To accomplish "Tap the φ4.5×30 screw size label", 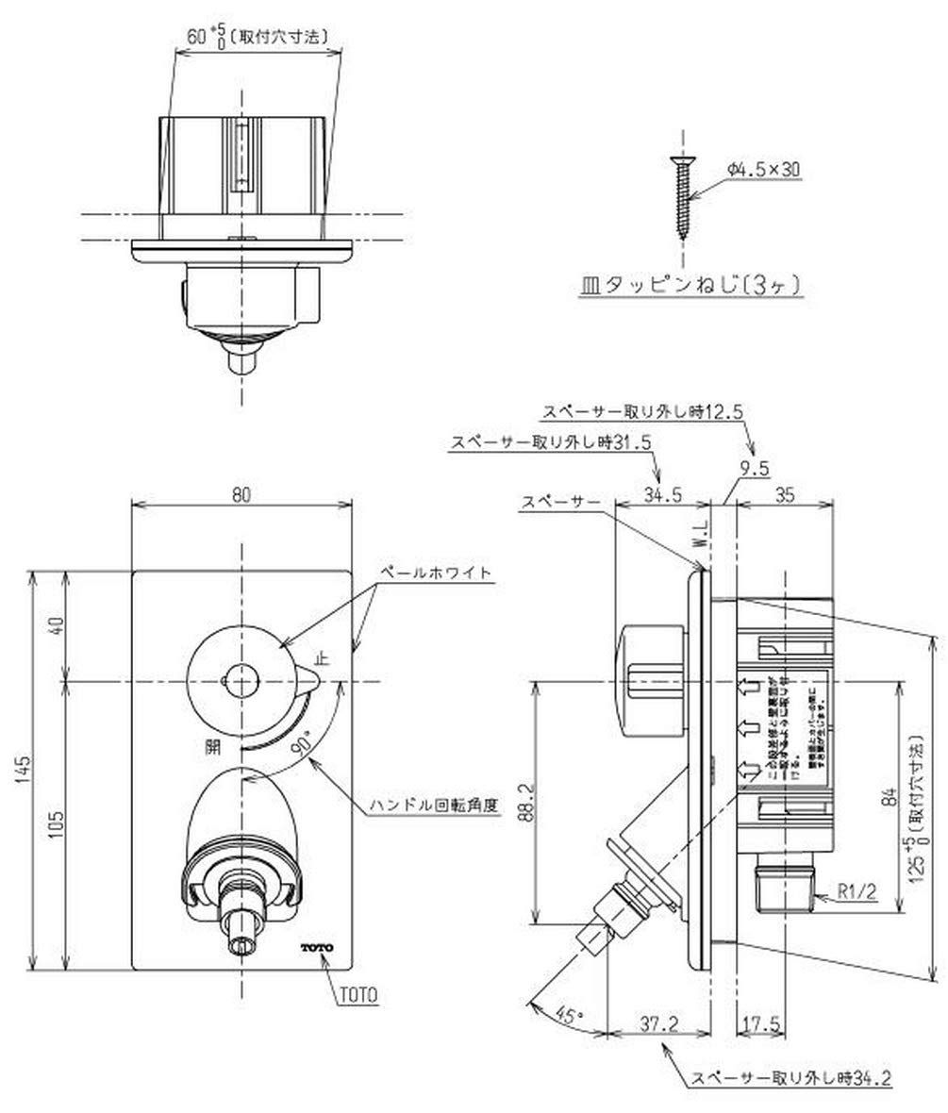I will (764, 169).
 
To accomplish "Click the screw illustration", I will (682, 199).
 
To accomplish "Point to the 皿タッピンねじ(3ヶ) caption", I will (690, 285).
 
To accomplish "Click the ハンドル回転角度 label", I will (434, 806).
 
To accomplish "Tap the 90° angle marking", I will (303, 744).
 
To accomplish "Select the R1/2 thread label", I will (856, 889).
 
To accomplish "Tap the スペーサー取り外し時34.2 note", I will (790, 1078).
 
